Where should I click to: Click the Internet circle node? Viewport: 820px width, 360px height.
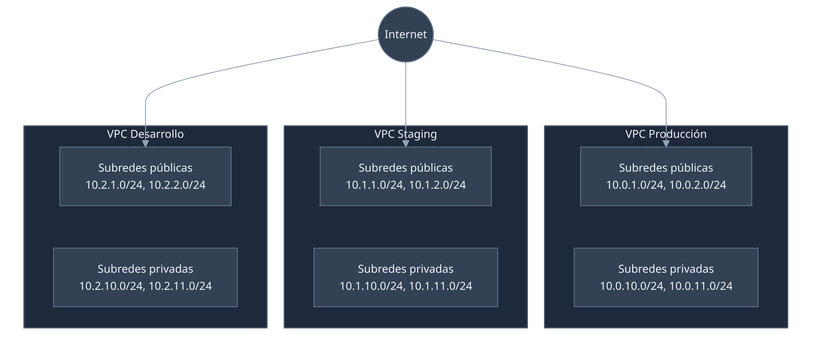(405, 35)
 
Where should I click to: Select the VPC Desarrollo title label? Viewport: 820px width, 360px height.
(145, 134)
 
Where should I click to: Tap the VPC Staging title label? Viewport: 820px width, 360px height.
(405, 134)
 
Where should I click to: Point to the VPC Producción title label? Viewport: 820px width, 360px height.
(665, 134)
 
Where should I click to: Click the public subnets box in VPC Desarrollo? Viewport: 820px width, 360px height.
(145, 176)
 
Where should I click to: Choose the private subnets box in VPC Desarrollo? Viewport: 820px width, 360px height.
(145, 277)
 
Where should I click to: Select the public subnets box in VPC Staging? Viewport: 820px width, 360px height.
(405, 176)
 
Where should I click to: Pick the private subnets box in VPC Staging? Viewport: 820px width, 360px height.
(405, 277)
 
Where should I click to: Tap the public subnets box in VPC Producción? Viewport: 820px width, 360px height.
(665, 176)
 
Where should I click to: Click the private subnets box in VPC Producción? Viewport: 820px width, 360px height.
(665, 277)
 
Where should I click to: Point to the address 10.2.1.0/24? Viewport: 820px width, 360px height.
(113, 185)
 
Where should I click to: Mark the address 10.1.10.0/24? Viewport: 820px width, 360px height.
(371, 287)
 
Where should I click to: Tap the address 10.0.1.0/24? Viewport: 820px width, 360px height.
(633, 185)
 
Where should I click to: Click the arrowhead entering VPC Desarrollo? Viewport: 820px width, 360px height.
(145, 120)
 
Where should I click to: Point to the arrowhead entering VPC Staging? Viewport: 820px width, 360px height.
(405, 120)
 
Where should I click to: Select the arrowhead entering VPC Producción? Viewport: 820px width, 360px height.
(665, 120)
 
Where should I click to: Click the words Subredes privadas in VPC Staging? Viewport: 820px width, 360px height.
(405, 268)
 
